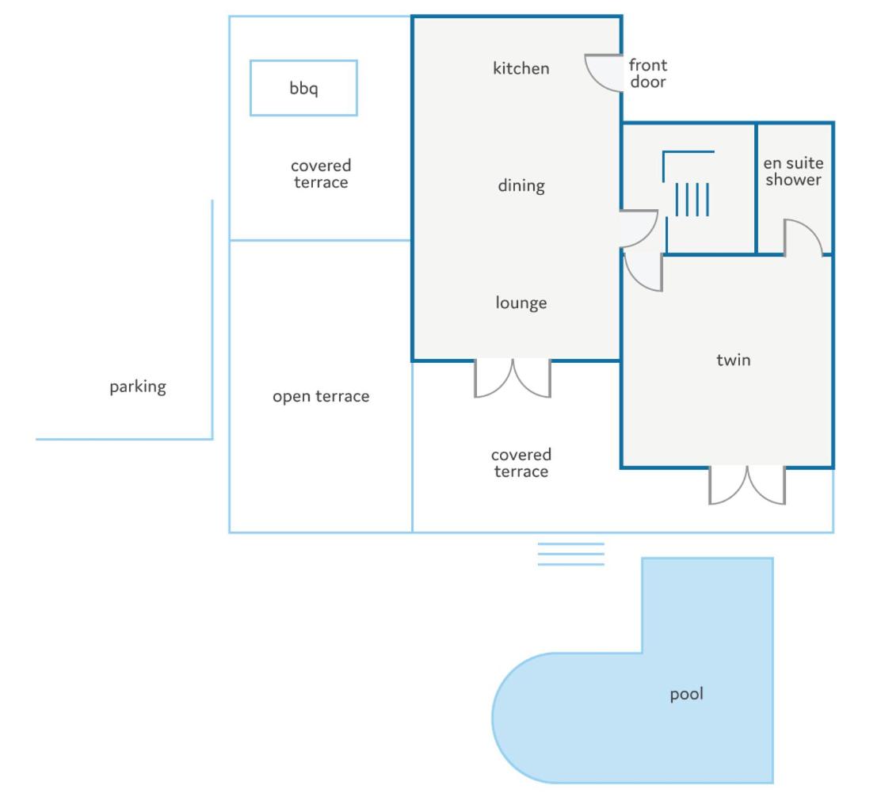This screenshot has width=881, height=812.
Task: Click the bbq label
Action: tap(303, 89)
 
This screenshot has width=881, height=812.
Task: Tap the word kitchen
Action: tap(521, 69)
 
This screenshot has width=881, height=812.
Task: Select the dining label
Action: tap(521, 186)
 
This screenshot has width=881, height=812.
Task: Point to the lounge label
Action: tap(521, 303)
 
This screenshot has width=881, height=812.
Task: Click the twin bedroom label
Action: tap(733, 360)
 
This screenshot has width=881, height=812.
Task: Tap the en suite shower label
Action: tap(793, 171)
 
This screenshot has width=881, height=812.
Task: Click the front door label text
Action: tap(648, 74)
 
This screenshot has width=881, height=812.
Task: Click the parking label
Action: tap(138, 387)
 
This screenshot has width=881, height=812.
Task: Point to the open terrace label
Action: tap(321, 397)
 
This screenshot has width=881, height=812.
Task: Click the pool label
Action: tap(687, 695)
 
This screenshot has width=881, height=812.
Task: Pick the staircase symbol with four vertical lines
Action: tap(692, 200)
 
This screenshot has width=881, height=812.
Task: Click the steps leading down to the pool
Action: tap(571, 554)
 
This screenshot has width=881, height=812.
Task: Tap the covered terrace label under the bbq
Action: tap(321, 174)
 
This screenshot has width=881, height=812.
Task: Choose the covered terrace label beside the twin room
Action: tap(521, 463)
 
